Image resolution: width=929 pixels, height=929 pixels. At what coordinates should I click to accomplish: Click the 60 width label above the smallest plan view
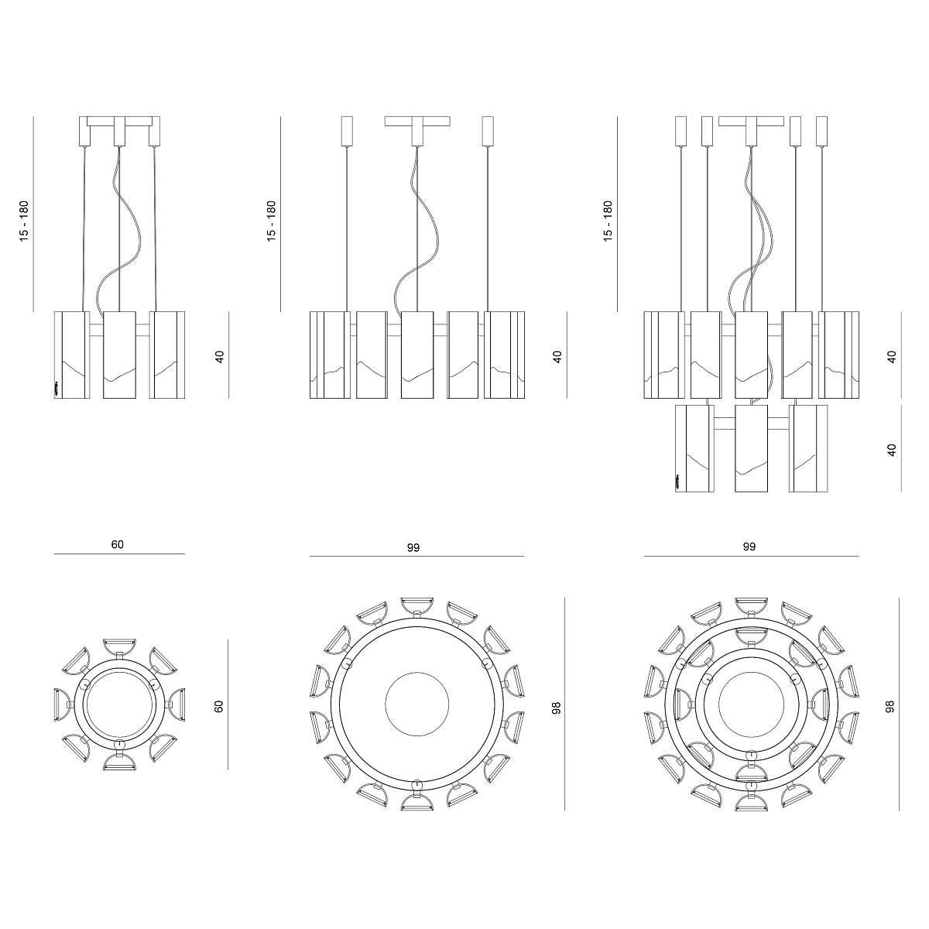click(x=117, y=544)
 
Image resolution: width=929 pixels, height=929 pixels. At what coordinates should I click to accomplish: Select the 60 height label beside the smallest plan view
click(x=219, y=705)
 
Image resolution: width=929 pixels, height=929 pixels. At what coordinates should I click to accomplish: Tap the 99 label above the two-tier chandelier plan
click(x=749, y=546)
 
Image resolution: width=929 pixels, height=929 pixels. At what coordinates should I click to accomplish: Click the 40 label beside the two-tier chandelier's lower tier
click(x=892, y=449)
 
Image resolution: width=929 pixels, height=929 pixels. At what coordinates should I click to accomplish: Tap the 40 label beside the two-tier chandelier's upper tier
click(x=892, y=356)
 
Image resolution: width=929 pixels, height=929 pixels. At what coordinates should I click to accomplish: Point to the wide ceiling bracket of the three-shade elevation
click(x=120, y=122)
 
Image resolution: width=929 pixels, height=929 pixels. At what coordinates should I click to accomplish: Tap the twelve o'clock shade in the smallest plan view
click(x=119, y=646)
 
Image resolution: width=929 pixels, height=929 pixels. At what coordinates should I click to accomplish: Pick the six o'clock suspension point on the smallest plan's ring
click(x=118, y=744)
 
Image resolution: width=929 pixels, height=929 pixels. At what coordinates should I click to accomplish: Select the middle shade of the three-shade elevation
click(x=119, y=355)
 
